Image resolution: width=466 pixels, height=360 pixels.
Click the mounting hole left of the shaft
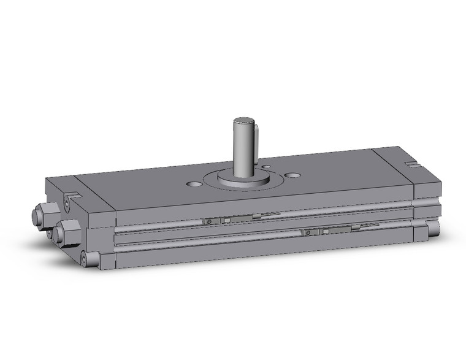pos(195,183)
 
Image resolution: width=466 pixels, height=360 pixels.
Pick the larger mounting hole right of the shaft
pos(294,175)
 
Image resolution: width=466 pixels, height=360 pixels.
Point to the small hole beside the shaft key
pos(265,165)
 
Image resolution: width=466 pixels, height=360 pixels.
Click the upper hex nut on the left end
pos(37,215)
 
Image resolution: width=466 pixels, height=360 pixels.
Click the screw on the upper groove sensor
pos(210,221)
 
